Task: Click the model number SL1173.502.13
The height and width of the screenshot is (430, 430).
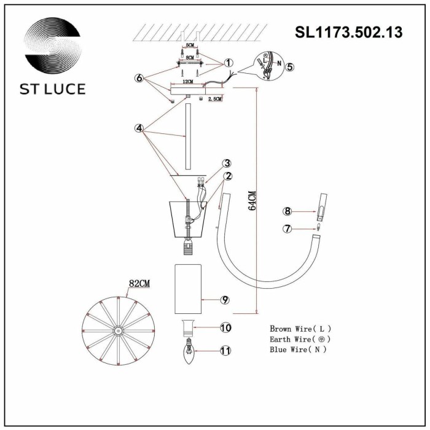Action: (348, 32)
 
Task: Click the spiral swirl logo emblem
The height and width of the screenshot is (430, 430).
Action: (53, 47)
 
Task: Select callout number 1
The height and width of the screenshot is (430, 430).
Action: (228, 63)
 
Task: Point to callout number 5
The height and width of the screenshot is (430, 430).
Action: (289, 67)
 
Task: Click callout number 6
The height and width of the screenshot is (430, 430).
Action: (139, 78)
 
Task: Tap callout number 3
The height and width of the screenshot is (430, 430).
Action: (227, 163)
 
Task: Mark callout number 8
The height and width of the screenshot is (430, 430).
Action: (286, 211)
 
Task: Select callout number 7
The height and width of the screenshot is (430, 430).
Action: (286, 229)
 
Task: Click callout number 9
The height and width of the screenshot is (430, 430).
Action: (225, 300)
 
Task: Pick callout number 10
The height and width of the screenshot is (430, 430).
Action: (225, 328)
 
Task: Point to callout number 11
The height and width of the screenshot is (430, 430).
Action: (225, 351)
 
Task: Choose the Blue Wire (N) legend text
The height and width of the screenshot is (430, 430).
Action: (298, 349)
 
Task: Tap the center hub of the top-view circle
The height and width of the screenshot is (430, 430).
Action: (115, 330)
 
